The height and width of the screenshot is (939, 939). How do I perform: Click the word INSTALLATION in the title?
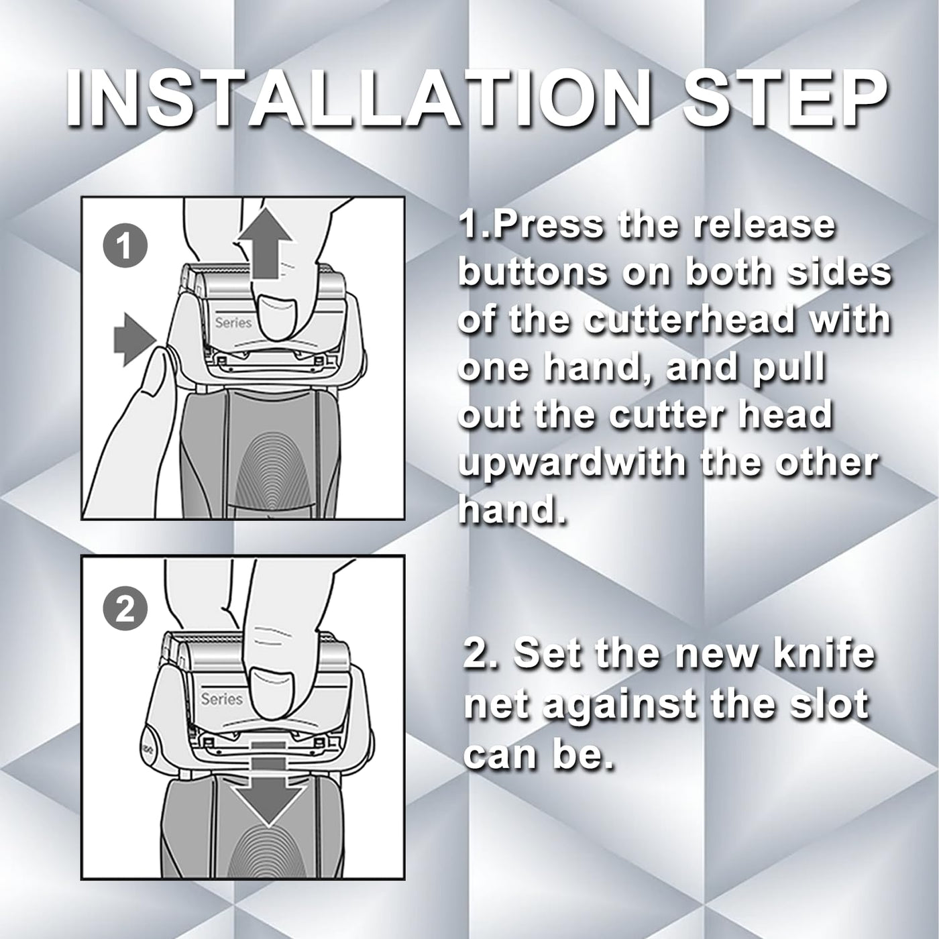[347, 99]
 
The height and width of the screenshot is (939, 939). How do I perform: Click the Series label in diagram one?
[233, 323]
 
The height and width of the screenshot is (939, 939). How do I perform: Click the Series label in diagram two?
[222, 699]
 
